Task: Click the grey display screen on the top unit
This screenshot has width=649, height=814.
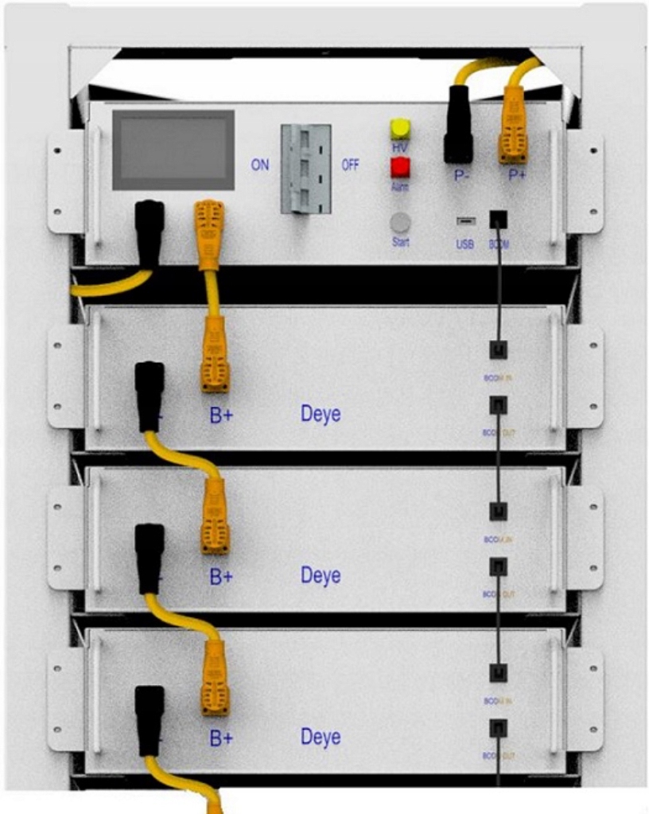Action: pyautogui.click(x=173, y=150)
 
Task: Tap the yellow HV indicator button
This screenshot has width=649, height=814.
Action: pyautogui.click(x=399, y=130)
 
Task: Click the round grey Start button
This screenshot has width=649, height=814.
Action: pyautogui.click(x=400, y=222)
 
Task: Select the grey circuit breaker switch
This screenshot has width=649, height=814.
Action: pyautogui.click(x=305, y=168)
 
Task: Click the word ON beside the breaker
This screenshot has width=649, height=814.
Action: pyautogui.click(x=260, y=166)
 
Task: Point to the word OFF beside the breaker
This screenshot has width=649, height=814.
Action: pyautogui.click(x=350, y=166)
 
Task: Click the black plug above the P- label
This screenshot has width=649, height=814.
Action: pyautogui.click(x=459, y=123)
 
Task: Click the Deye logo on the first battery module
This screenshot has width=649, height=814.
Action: pyautogui.click(x=321, y=414)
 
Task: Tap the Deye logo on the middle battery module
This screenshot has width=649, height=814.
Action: pyautogui.click(x=321, y=575)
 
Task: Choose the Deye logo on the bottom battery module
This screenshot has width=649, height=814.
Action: pyautogui.click(x=321, y=737)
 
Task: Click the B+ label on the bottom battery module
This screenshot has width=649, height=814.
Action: pyautogui.click(x=221, y=738)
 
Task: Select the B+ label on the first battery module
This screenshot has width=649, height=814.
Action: pyautogui.click(x=221, y=415)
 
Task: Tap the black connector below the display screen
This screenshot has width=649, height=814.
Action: pyautogui.click(x=150, y=230)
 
